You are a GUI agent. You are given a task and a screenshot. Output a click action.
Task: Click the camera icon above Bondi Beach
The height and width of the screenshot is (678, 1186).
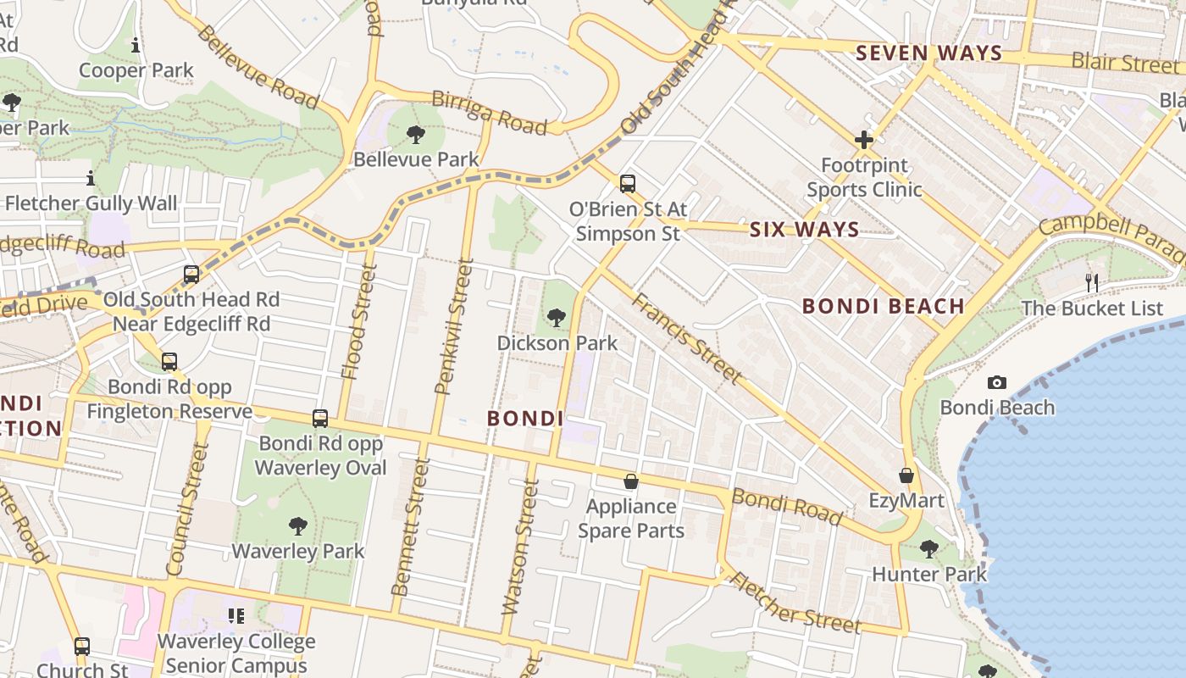[997, 383]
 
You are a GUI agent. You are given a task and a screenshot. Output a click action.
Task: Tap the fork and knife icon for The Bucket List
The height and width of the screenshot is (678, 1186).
[1092, 283]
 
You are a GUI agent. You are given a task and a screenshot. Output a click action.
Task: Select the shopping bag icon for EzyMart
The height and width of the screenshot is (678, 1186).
[906, 475]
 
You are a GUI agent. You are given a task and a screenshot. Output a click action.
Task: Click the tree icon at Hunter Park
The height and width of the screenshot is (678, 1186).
[929, 549]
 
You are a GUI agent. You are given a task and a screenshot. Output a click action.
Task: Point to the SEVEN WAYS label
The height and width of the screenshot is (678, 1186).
[928, 53]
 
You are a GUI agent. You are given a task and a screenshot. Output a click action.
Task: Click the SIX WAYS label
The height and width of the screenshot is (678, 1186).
[804, 230]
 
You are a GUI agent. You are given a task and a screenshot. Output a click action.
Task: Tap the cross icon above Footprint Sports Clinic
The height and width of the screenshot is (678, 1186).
[864, 140]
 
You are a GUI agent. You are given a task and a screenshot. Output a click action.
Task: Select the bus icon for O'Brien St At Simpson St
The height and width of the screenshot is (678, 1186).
[628, 183]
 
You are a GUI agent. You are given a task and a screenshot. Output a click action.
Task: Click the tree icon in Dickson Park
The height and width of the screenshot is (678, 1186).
[557, 318]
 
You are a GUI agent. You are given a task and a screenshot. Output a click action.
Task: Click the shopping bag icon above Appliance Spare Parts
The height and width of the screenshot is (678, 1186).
[631, 481]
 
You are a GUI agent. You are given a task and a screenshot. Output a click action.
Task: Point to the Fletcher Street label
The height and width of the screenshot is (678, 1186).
[794, 603]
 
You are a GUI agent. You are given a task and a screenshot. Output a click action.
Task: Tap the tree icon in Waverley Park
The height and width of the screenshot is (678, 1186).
[298, 526]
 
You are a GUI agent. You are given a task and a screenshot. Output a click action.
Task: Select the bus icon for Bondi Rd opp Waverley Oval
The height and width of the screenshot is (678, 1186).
[320, 418]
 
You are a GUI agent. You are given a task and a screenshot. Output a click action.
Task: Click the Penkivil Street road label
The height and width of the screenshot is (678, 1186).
[452, 327]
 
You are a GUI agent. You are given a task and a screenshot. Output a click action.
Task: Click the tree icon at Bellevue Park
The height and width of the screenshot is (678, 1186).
[416, 134]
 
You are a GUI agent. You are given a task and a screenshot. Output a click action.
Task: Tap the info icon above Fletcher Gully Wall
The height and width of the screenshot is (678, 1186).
[91, 179]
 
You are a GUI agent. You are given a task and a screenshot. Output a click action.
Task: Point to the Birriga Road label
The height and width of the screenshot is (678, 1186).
[489, 112]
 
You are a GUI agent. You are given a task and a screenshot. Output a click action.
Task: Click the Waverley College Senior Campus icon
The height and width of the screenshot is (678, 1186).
[236, 616]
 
